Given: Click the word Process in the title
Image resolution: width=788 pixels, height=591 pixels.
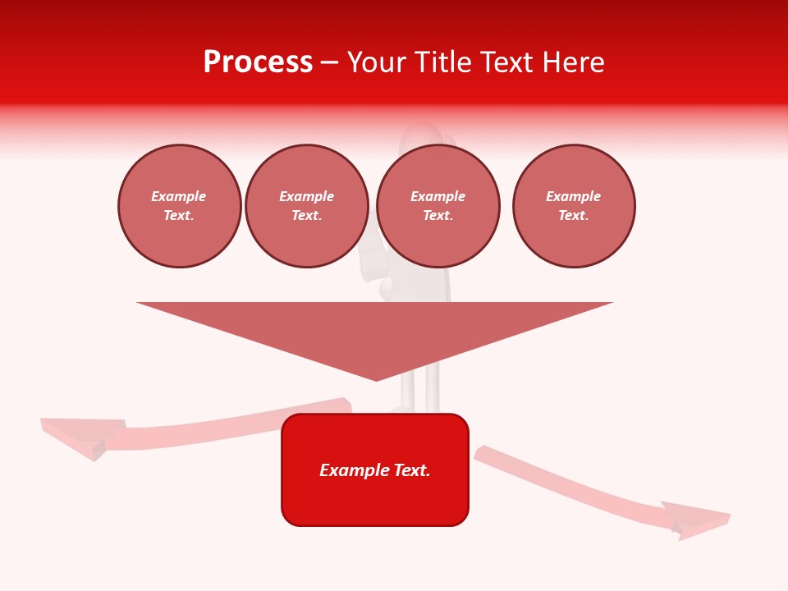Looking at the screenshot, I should [x=258, y=62].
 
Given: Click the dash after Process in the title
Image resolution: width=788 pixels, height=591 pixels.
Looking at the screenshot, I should [x=329, y=63].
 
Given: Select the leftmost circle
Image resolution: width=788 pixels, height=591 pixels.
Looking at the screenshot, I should [x=180, y=206].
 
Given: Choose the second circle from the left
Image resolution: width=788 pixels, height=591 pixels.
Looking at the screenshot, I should [x=307, y=206].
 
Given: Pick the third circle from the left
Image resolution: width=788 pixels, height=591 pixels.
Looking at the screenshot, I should [x=438, y=206].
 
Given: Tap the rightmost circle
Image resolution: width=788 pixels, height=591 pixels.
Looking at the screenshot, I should [x=574, y=206].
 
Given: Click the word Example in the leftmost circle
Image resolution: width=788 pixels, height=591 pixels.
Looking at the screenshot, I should [x=179, y=196].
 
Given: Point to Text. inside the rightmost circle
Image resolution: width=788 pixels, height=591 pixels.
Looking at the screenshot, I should [x=574, y=216].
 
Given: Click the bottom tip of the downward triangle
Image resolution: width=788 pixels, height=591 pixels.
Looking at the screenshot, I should [x=376, y=378].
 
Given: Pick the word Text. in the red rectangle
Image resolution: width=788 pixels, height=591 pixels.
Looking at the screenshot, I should [x=411, y=470].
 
